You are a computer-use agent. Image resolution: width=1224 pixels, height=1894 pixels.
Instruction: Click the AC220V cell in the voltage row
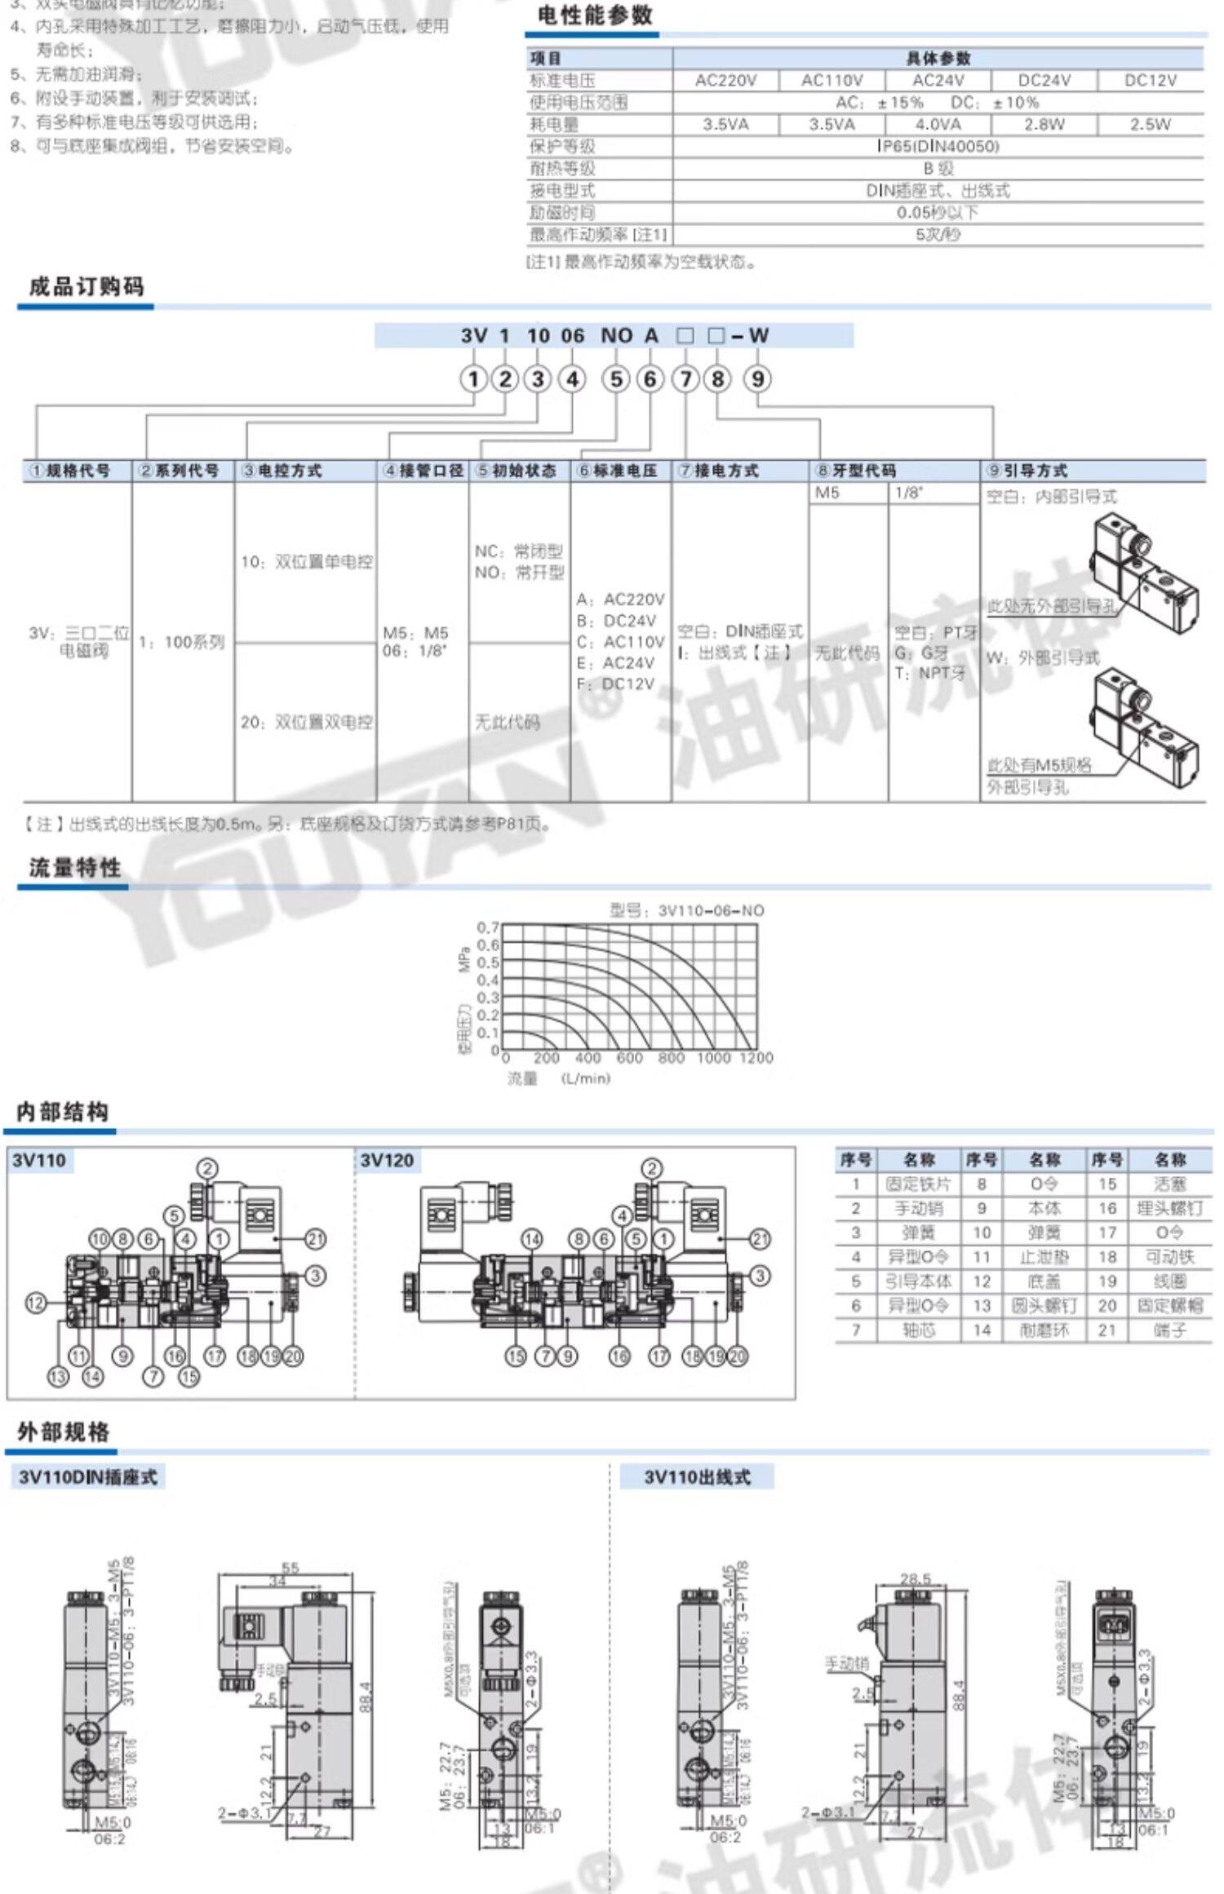[725, 81]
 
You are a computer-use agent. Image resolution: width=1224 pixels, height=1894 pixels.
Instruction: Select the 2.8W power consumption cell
[1044, 125]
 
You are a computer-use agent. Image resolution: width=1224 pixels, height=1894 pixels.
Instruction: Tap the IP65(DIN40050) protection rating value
[938, 147]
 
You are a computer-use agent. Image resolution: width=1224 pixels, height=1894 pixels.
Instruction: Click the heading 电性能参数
[595, 15]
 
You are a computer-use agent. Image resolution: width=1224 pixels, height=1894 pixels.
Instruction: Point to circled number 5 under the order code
[616, 379]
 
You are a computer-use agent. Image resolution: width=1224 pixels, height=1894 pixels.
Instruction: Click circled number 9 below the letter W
[758, 379]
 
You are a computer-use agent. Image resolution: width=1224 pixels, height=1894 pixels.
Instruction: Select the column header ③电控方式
[282, 471]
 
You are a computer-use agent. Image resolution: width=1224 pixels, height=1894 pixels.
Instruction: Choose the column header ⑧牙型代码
[856, 471]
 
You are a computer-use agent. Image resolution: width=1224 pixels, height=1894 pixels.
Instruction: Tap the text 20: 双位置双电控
[307, 723]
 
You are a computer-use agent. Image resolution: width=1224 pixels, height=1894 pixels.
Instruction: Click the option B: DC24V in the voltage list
[616, 621]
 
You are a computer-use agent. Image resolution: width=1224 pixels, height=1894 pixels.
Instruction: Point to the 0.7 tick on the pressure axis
[488, 927]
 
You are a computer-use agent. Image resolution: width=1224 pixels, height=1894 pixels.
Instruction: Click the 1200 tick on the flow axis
[756, 1058]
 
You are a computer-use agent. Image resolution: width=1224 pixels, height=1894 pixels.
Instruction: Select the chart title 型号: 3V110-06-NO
[687, 910]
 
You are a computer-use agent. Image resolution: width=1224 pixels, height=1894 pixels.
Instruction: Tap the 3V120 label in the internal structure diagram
[387, 1161]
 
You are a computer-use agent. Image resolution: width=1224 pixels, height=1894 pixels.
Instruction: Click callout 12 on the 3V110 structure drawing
[36, 1303]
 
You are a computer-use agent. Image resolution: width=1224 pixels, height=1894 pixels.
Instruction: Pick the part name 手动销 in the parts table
[918, 1208]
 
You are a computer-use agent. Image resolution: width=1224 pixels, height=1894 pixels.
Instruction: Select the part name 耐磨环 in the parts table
[1044, 1330]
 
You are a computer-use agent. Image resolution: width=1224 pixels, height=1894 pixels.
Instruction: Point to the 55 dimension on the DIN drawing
[290, 1568]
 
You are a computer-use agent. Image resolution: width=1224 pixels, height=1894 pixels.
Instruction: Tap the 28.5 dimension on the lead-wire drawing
[915, 1579]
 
